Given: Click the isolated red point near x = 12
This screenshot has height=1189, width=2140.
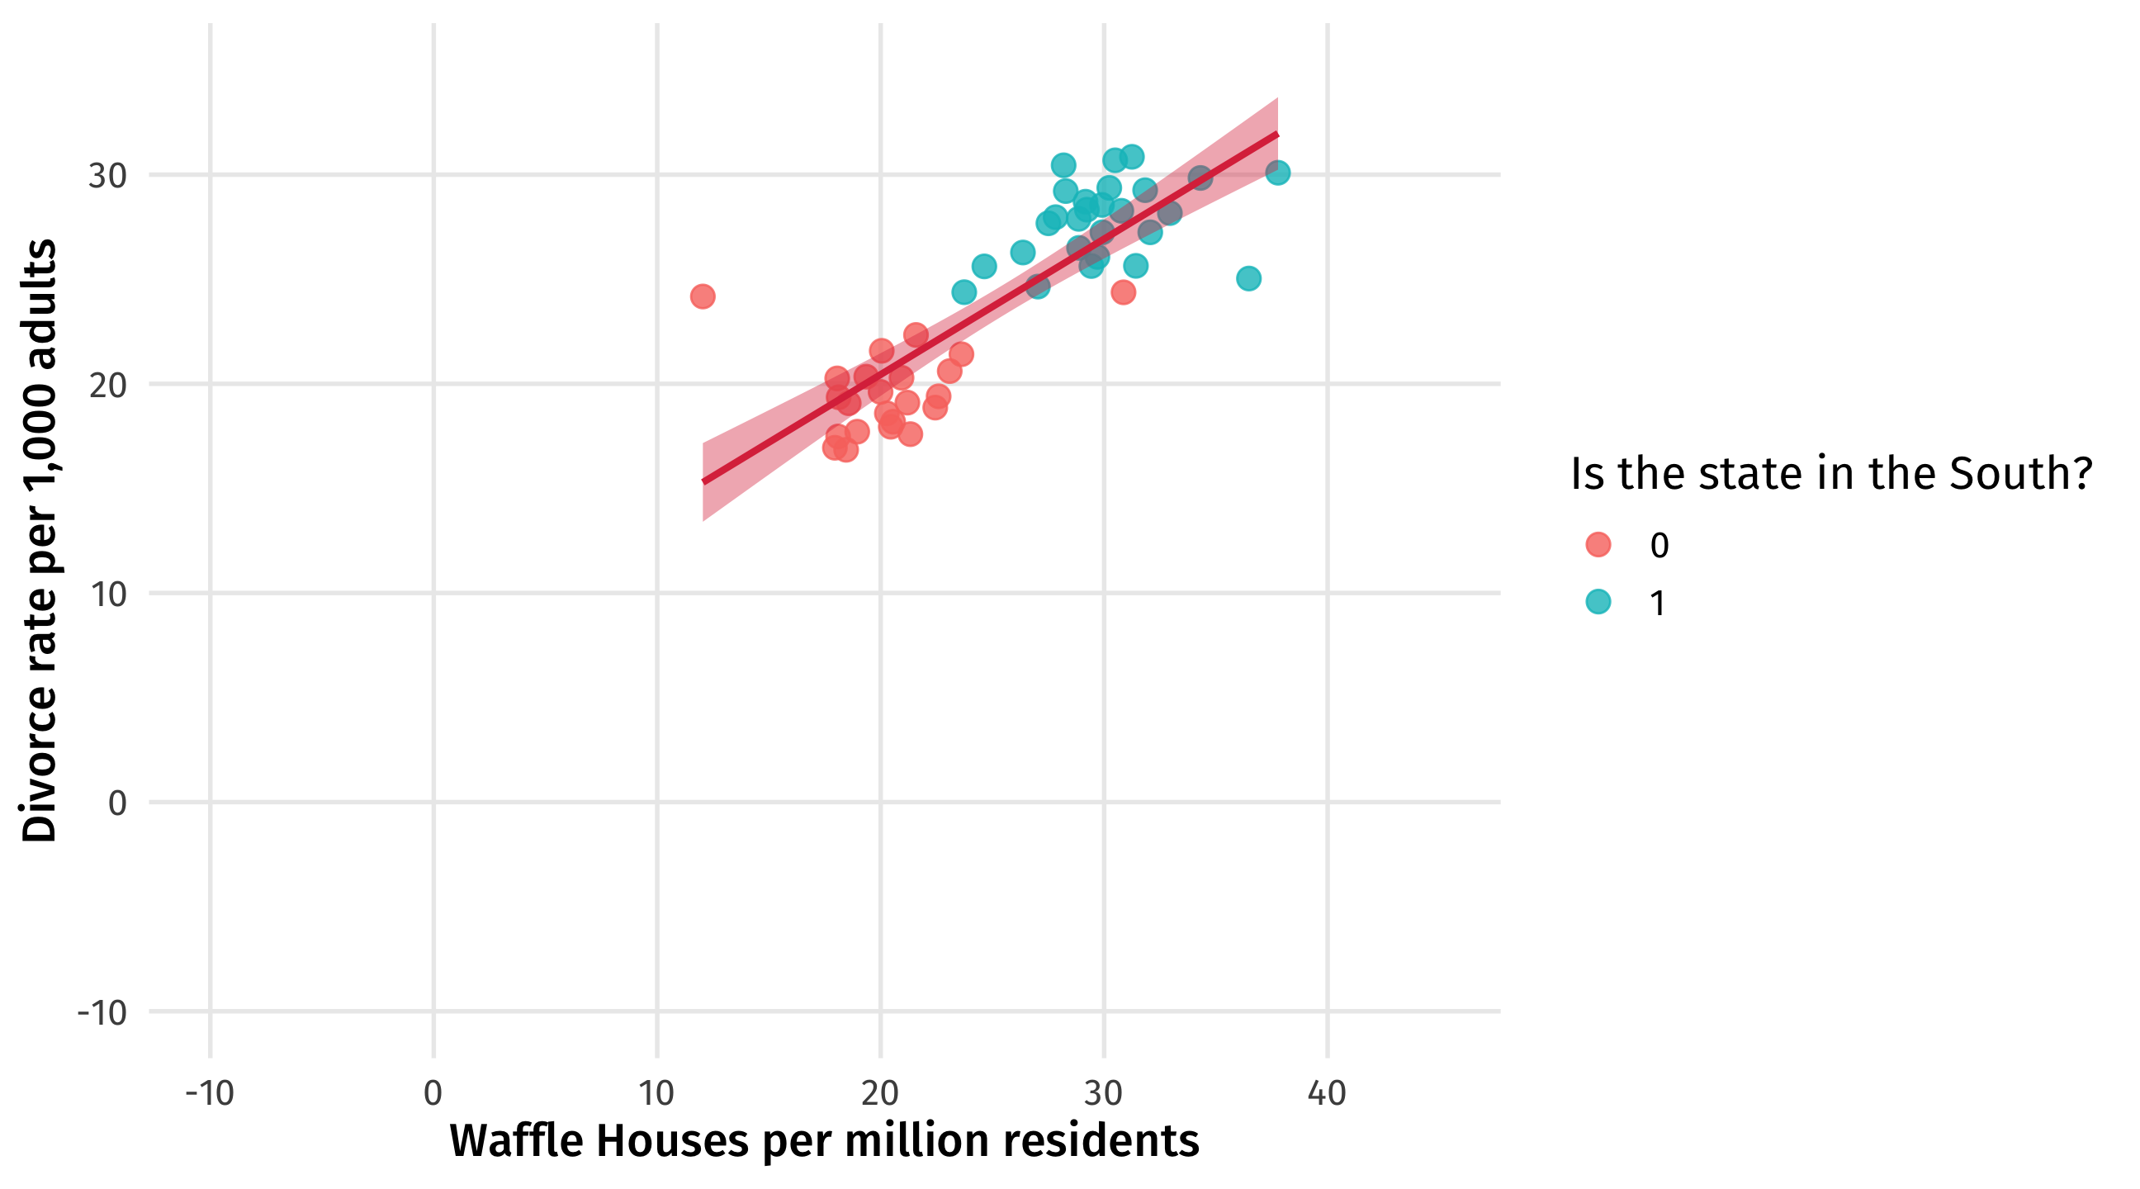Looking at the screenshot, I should point(702,296).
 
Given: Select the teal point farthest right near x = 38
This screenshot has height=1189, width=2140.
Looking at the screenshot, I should point(1278,173).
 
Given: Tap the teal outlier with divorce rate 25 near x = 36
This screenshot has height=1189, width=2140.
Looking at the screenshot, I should point(1248,278).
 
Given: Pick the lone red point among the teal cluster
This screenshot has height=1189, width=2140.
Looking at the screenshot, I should point(1123,292).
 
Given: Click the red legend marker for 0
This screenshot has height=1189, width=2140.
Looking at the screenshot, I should point(1598,544).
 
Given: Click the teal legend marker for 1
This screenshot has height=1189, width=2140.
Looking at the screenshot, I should point(1598,602).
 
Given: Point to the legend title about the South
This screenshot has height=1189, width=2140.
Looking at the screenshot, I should point(1831,474).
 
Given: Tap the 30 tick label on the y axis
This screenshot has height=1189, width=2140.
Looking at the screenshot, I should point(107,176).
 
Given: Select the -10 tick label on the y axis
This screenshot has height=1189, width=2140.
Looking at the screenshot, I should point(102,1013).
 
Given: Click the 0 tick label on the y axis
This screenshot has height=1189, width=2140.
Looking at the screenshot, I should point(117,803).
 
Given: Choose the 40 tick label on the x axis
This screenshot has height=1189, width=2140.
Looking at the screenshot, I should point(1327,1093).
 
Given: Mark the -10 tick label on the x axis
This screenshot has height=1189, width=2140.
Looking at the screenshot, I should point(210,1093).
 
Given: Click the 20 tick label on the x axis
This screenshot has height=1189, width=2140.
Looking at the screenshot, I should point(880,1093).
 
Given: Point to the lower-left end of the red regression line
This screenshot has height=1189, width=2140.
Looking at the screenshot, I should point(704,481).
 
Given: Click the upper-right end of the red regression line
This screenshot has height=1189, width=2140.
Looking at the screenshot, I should point(1277,135).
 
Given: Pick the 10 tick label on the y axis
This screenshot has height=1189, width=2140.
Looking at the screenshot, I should point(107,594).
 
